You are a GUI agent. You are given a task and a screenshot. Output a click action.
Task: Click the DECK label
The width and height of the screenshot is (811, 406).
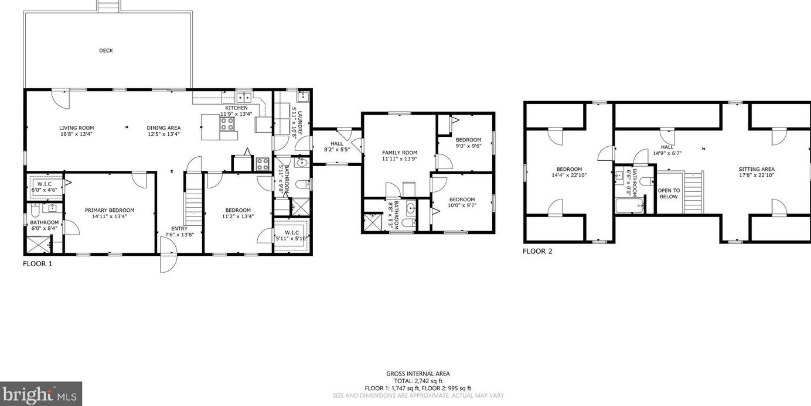tap(106, 51)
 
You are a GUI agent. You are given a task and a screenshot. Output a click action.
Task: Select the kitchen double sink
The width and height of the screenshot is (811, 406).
tap(244, 98)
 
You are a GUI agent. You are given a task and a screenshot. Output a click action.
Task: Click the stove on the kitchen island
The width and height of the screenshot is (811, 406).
tap(227, 123)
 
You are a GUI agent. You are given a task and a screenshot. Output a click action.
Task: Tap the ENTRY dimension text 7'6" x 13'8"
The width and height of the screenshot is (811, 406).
tap(179, 235)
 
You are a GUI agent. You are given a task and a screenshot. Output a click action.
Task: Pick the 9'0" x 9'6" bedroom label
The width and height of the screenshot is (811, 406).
tap(468, 143)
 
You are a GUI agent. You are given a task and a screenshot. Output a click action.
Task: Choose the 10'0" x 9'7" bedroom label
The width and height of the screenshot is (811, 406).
tap(462, 202)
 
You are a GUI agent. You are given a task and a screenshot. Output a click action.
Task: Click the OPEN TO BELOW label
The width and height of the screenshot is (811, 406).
tap(669, 194)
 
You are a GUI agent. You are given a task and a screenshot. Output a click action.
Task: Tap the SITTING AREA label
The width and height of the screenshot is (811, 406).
tap(757, 169)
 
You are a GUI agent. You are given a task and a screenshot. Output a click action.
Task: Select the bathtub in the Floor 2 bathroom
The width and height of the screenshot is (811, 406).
tap(629, 205)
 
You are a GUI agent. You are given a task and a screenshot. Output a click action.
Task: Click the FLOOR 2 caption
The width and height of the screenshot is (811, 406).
tap(537, 252)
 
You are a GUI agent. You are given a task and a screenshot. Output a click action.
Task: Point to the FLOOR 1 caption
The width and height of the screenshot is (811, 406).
tap(38, 264)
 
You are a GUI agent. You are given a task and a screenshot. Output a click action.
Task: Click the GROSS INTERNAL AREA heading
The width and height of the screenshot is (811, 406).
tap(418, 374)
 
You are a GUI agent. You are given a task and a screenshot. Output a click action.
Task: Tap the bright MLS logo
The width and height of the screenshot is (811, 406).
tap(41, 394)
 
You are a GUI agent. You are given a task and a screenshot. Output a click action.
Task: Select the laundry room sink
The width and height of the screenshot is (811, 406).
tap(302, 97)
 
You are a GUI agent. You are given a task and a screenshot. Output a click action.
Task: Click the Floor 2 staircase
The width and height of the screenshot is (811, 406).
tap(693, 192)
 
